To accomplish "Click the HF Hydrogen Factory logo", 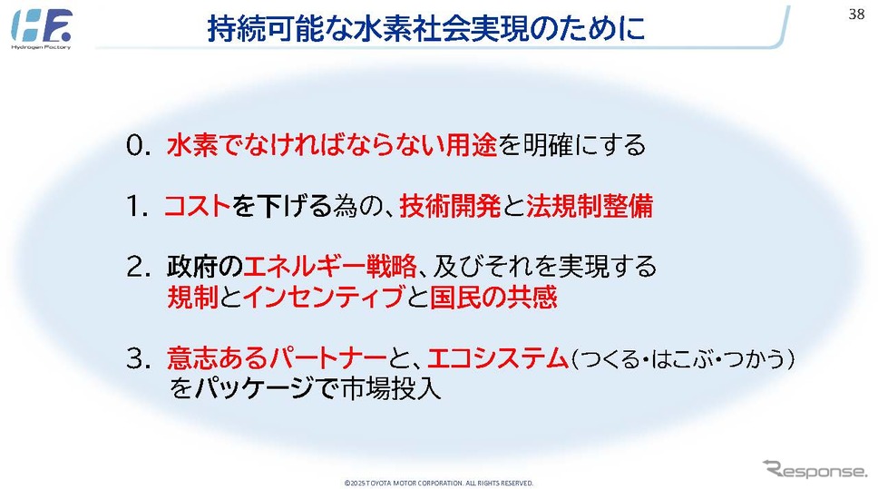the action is [x=42, y=28].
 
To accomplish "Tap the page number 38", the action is [x=857, y=14].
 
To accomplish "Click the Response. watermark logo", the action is [x=815, y=469].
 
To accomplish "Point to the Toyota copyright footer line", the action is [x=438, y=483].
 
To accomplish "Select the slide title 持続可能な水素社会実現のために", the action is [x=426, y=28].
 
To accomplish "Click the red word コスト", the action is [x=198, y=206].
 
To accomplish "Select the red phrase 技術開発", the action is [x=450, y=206].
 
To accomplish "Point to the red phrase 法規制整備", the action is [x=589, y=206].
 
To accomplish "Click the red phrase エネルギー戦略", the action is [x=330, y=266].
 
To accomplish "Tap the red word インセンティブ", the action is [x=324, y=297].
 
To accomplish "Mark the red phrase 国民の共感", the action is [x=493, y=297].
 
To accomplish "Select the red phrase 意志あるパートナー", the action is [x=277, y=358].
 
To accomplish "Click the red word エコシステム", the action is [x=498, y=358].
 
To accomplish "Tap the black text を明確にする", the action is [x=571, y=146].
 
